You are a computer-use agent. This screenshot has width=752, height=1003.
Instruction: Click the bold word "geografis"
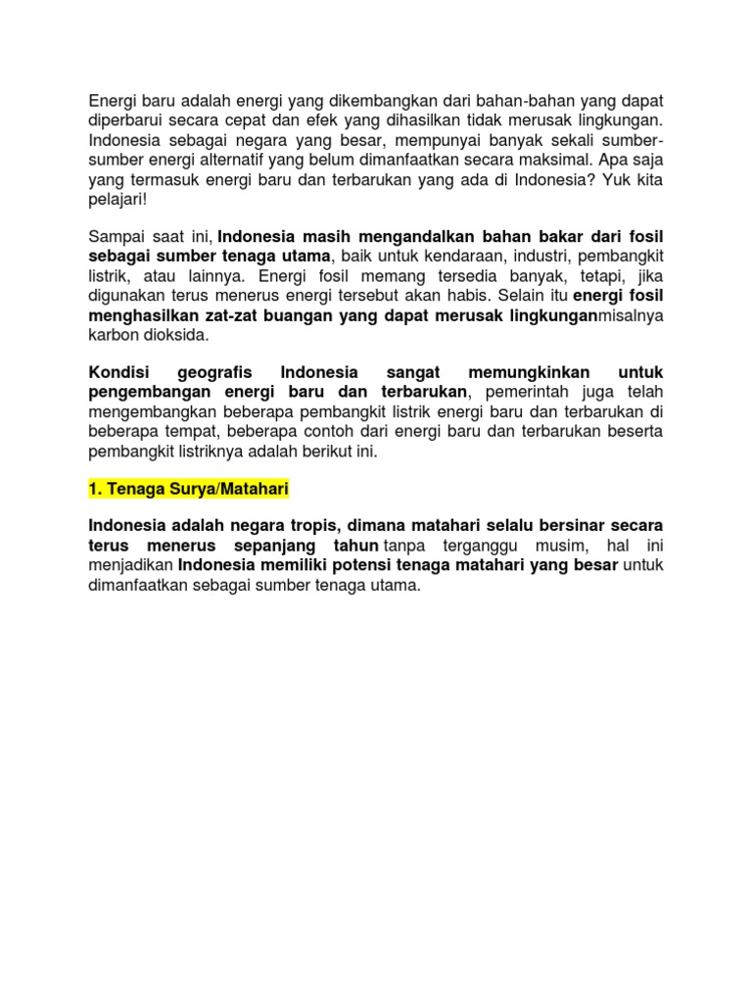click(x=215, y=372)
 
